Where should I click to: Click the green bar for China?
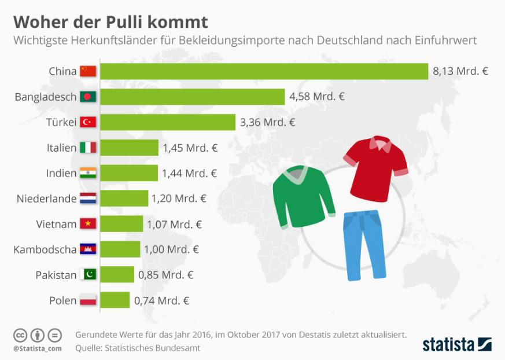pos(264,71)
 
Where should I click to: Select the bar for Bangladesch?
pos(192,97)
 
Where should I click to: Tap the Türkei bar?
pos(168,122)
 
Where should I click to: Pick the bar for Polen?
pos(115,300)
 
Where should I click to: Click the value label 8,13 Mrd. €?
pos(460,71)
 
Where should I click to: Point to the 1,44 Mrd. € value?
pos(190,173)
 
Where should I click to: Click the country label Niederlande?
pos(47,199)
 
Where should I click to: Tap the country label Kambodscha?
pos(45,249)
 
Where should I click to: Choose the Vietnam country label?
pos(56,224)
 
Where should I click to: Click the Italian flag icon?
pos(89,148)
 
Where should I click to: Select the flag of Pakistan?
pos(89,275)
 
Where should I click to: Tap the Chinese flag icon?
pos(89,71)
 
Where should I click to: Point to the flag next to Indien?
pos(89,173)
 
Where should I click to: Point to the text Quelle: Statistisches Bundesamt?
pos(137,348)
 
